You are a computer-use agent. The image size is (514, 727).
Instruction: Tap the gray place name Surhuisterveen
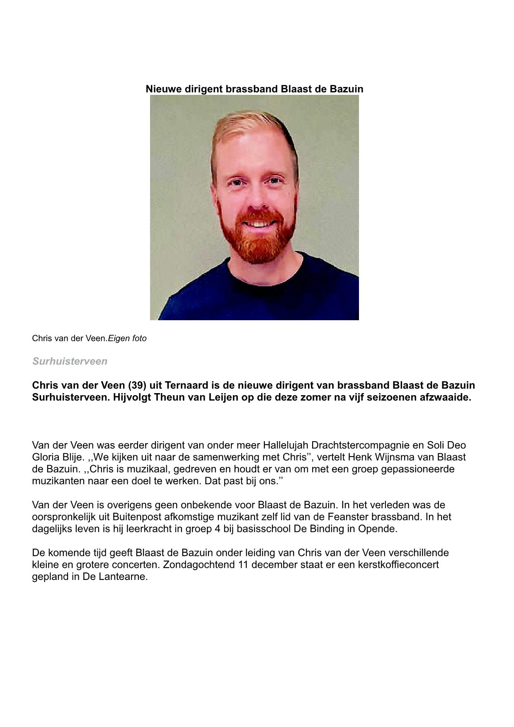pos(70,361)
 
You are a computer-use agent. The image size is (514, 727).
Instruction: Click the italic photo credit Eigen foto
pos(127,338)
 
